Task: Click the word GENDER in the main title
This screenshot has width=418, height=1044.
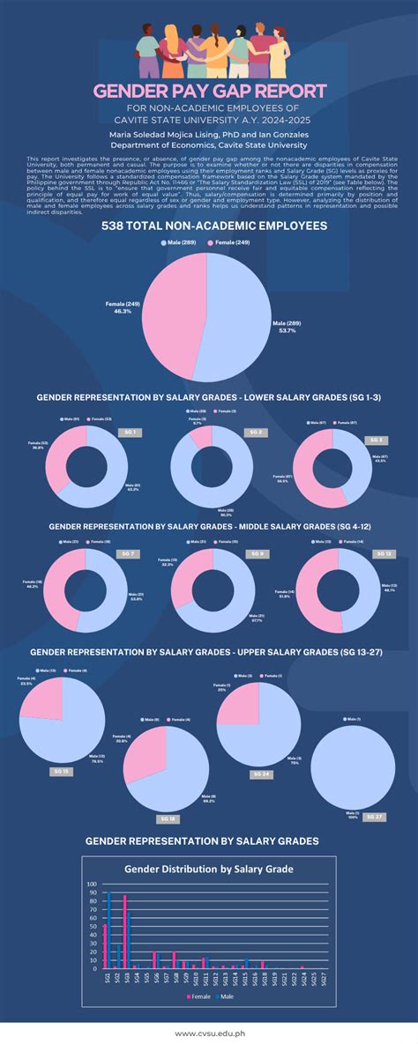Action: click(x=132, y=92)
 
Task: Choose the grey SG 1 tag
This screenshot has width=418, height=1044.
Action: click(x=131, y=433)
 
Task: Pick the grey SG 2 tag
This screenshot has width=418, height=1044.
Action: click(x=258, y=433)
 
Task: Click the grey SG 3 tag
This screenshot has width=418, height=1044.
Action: click(x=377, y=440)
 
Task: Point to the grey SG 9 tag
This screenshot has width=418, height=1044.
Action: click(x=258, y=553)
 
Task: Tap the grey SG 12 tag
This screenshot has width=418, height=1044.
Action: click(x=384, y=553)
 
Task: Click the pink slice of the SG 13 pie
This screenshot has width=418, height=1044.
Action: click(x=42, y=700)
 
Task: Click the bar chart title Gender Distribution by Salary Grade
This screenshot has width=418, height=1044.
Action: click(x=209, y=868)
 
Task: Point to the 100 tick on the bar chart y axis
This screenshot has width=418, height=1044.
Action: click(x=92, y=884)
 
